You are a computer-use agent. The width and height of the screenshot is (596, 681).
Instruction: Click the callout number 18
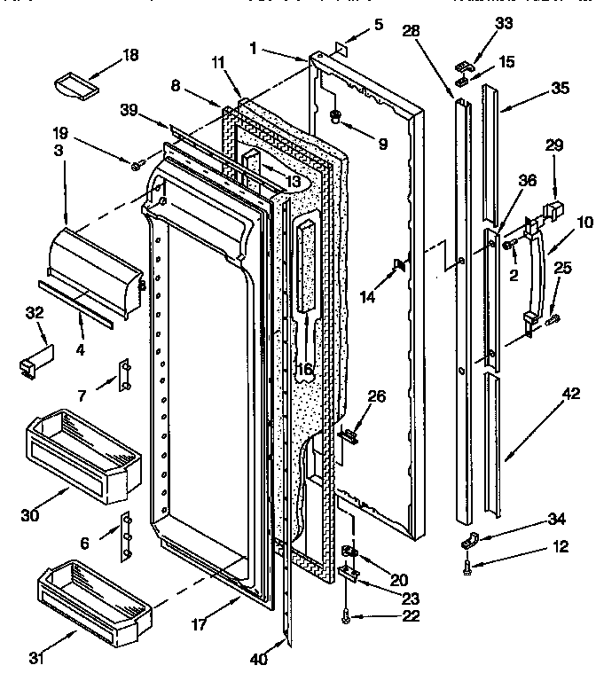(129, 56)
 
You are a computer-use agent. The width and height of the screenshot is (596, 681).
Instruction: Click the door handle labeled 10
(536, 276)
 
